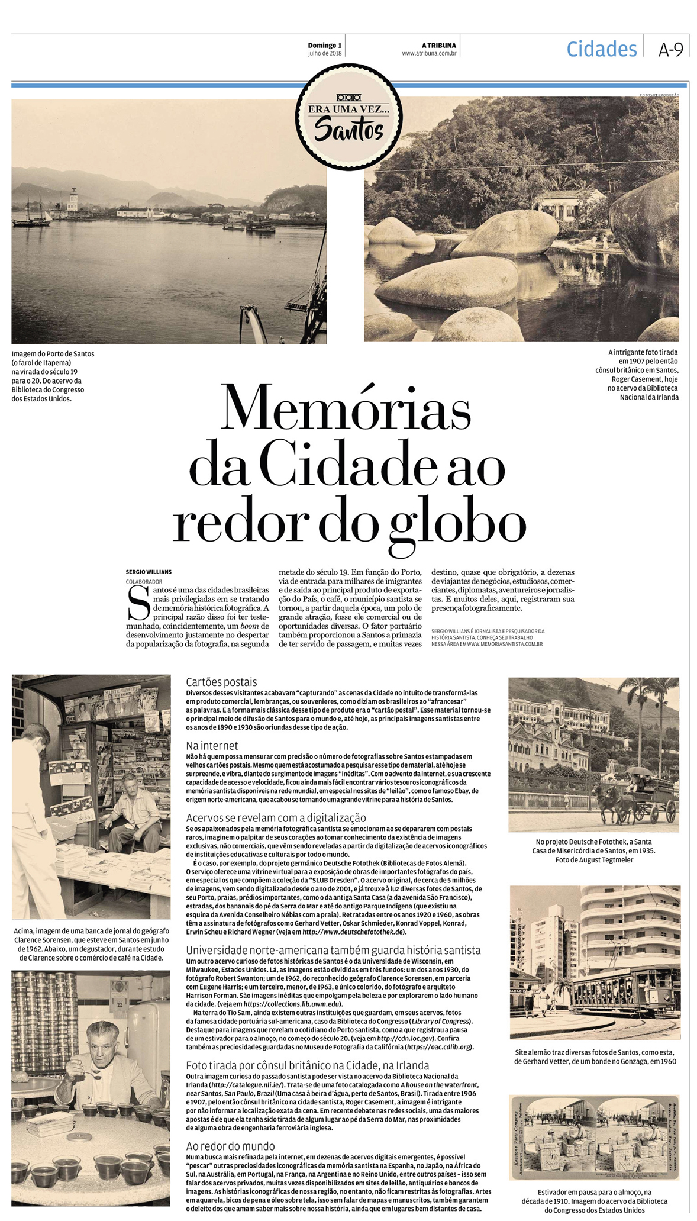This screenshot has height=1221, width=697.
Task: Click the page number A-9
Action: click(670, 50)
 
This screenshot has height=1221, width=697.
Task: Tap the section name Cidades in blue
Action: click(601, 49)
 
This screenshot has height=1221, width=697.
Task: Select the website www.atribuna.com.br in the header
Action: click(428, 53)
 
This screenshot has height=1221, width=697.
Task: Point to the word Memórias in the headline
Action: click(346, 408)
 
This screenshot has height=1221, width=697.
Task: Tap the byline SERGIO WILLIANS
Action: click(149, 572)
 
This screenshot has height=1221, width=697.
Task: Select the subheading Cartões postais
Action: click(221, 682)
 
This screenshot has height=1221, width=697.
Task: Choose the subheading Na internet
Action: click(212, 746)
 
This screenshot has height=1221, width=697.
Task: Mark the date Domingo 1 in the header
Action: click(325, 46)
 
